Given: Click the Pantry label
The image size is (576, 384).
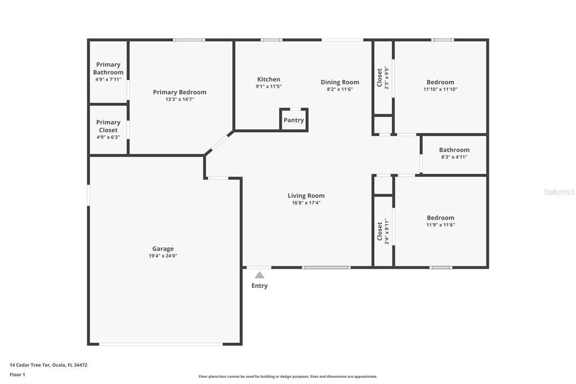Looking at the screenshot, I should pyautogui.click(x=294, y=120).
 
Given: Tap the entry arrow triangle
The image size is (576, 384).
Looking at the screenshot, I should pyautogui.click(x=259, y=275).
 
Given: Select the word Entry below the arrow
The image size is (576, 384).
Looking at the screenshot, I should pyautogui.click(x=259, y=285).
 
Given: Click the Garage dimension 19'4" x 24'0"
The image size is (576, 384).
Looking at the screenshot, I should pyautogui.click(x=163, y=256).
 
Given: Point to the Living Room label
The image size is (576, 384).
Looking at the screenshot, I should pyautogui.click(x=306, y=196).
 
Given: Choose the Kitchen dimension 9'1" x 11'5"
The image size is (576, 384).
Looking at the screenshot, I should pyautogui.click(x=268, y=87).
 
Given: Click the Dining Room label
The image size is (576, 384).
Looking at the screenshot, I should pyautogui.click(x=340, y=82).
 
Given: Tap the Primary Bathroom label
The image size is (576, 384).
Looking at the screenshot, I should pyautogui.click(x=108, y=68).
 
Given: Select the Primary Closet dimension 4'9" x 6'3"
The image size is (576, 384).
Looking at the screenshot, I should pyautogui.click(x=108, y=137).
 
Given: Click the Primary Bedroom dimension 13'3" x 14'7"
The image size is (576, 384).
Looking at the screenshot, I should pyautogui.click(x=179, y=100).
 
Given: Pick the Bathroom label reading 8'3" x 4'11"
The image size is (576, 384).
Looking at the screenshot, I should pyautogui.click(x=454, y=157).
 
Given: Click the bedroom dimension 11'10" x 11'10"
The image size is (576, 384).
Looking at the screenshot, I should pyautogui.click(x=440, y=90).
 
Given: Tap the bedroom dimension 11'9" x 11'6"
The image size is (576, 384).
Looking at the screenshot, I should pyautogui.click(x=440, y=225).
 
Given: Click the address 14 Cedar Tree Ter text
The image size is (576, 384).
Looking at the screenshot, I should pyautogui.click(x=48, y=365).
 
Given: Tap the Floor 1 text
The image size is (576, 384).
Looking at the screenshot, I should pyautogui.click(x=17, y=374).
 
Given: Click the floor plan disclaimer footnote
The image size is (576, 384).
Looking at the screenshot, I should pyautogui.click(x=287, y=377).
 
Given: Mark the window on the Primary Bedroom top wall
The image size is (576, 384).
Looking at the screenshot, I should pyautogui.click(x=189, y=40).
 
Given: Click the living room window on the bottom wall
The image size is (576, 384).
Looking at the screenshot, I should pyautogui.click(x=326, y=267).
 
